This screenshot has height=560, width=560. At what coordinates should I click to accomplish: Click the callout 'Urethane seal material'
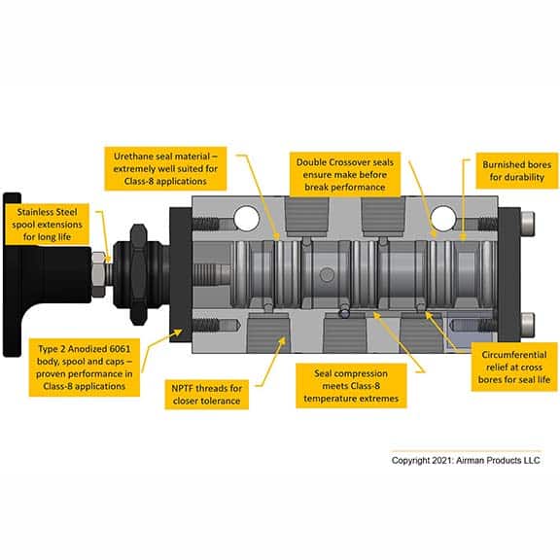coord(165,168)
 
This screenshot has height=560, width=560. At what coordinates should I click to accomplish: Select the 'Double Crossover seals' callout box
coord(345,174)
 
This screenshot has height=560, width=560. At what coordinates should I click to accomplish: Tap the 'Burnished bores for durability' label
coord(516,171)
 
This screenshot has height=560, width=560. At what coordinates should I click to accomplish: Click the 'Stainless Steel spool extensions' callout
coord(47,225)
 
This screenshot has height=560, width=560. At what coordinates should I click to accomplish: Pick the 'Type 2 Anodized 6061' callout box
coord(85,367)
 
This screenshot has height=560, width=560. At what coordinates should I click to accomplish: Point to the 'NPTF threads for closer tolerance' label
coord(207,395)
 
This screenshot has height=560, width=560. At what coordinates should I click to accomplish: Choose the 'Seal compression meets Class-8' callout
coord(351,386)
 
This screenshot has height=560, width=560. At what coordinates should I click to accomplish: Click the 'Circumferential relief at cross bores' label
coord(514,367)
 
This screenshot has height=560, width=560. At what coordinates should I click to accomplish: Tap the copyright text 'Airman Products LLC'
coord(498,461)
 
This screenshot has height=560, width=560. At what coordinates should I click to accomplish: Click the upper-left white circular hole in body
coord(246,218)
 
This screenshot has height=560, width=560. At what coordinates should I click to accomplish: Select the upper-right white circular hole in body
coord(443,218)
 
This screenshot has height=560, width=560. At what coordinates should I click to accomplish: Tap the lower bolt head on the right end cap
coord(528,325)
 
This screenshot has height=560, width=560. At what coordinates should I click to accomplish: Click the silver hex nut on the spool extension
coord(98,274)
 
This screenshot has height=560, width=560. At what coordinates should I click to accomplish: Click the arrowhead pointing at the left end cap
coord(177,332)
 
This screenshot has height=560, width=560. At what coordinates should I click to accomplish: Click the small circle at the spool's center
coord(327,275)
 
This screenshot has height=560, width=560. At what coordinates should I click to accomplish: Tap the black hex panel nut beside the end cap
coord(138,274)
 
